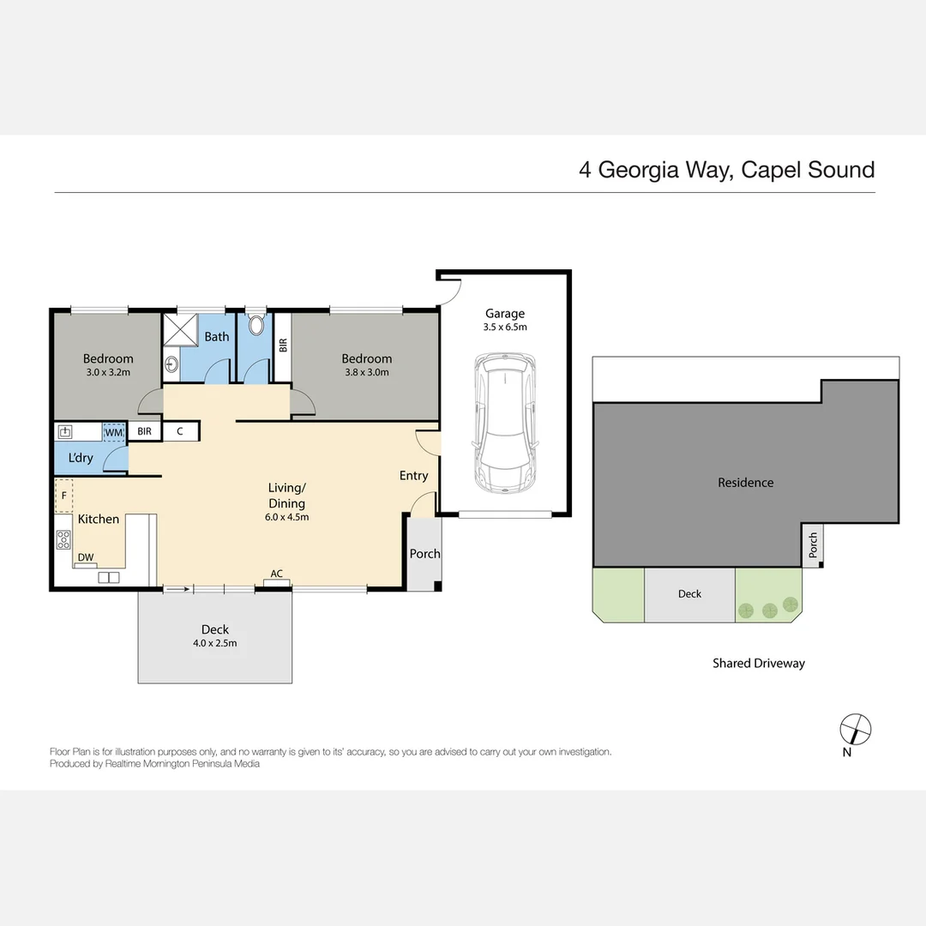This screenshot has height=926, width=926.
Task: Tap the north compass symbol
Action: [x=855, y=730]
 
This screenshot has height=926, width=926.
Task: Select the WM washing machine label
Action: [x=114, y=432]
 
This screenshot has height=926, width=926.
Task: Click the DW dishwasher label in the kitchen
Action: [x=86, y=557]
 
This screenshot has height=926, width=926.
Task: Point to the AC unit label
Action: [x=276, y=574]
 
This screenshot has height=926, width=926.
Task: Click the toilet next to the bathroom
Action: [x=256, y=327]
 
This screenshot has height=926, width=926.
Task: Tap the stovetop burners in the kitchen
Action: [x=63, y=539]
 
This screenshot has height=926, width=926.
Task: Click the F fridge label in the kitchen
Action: [x=63, y=496]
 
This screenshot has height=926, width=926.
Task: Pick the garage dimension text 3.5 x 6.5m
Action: [x=504, y=328]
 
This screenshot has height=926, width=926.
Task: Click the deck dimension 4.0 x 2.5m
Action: [x=215, y=643]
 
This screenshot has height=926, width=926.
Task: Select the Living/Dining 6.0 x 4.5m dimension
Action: [x=286, y=517]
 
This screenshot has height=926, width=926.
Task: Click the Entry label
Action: [x=413, y=476]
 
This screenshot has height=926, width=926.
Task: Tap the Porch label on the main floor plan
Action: [x=424, y=554]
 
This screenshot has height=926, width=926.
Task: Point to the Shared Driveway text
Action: [x=759, y=663]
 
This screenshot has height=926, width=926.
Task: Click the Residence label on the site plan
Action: [x=745, y=483]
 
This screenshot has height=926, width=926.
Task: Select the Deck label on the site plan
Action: [x=689, y=593]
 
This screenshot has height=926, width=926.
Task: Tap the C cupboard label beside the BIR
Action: [x=179, y=431]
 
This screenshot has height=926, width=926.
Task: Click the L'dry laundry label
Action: [x=81, y=458]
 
